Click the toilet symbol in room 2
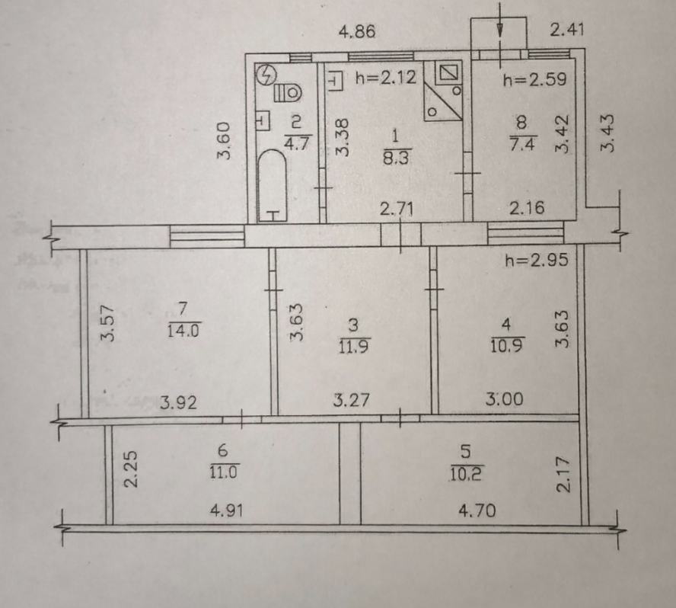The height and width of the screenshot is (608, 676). tap(288, 92)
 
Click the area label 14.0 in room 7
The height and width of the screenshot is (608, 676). tap(184, 331)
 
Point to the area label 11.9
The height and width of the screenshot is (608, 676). tap(353, 347)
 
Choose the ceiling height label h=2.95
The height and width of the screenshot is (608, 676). tap(537, 260)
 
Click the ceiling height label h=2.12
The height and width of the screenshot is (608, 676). tap(386, 78)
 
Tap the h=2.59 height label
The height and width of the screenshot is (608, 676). tap(534, 79)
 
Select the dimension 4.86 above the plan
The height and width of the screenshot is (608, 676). tap(357, 31)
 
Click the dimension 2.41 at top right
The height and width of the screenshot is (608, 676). tap(567, 30)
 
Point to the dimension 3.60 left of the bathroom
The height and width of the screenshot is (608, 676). tap(224, 141)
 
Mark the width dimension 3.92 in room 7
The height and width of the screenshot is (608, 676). tap(178, 402)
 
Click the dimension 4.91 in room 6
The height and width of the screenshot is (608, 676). tap(226, 511)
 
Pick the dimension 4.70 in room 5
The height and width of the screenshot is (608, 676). tap(477, 511)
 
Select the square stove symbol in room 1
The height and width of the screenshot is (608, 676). tap(448, 72)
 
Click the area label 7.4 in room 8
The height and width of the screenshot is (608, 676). tap(522, 144)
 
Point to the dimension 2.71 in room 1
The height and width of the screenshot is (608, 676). tap(397, 210)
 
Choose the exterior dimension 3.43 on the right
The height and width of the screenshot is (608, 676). tap(607, 133)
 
